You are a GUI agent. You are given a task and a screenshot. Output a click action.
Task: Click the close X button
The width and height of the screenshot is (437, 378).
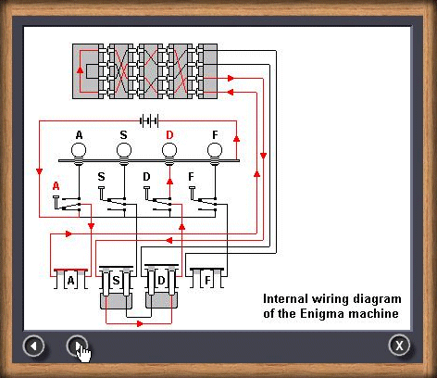click(399, 346)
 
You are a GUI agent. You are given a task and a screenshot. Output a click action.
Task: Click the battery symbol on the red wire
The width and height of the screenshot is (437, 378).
click(149, 120)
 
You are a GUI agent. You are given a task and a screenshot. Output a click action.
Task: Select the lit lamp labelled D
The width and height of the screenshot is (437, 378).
click(169, 154)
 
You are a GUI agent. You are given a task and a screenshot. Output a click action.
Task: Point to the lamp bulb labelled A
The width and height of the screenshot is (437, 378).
click(79, 154)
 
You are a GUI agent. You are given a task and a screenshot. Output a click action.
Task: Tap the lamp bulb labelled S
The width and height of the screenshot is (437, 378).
click(124, 154)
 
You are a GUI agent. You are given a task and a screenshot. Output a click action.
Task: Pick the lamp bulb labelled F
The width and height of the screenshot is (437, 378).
click(215, 154)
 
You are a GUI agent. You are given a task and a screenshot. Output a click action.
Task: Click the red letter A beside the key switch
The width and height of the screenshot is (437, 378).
click(56, 186)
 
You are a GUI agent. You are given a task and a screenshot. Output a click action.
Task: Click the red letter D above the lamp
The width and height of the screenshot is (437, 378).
click(169, 135)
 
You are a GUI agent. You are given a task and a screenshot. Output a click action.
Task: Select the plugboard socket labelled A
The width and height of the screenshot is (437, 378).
click(70, 279)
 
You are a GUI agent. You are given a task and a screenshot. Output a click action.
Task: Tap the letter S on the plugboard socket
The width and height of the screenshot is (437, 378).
click(116, 281)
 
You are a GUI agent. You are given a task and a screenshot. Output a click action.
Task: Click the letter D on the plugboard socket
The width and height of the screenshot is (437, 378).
click(161, 281)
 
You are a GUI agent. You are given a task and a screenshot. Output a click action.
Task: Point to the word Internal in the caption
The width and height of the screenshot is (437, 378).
click(285, 298)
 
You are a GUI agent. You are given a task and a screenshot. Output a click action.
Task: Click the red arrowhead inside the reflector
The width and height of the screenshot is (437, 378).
click(81, 69)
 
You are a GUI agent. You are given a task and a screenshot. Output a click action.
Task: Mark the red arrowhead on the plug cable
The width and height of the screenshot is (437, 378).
click(140, 323)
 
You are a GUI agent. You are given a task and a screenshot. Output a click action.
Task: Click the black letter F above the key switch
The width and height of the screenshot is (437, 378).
click(191, 177)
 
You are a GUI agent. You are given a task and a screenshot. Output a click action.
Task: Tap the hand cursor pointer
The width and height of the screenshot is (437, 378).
click(83, 352)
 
